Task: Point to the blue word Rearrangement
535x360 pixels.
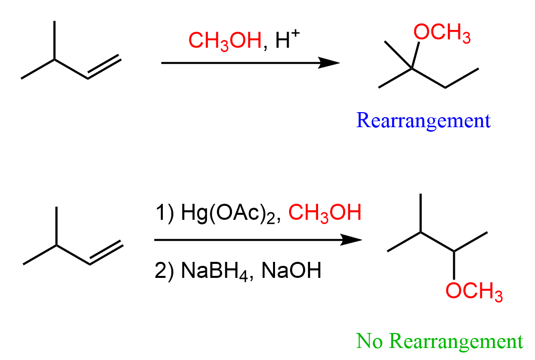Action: pos(423,121)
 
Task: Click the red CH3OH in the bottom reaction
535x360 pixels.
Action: pos(325,214)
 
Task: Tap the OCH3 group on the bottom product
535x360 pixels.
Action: pos(474,291)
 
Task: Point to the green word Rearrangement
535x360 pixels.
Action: pos(456,342)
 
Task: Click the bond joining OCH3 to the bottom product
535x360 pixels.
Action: pos(454,265)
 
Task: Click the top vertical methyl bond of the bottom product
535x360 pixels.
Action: pos(421,213)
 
